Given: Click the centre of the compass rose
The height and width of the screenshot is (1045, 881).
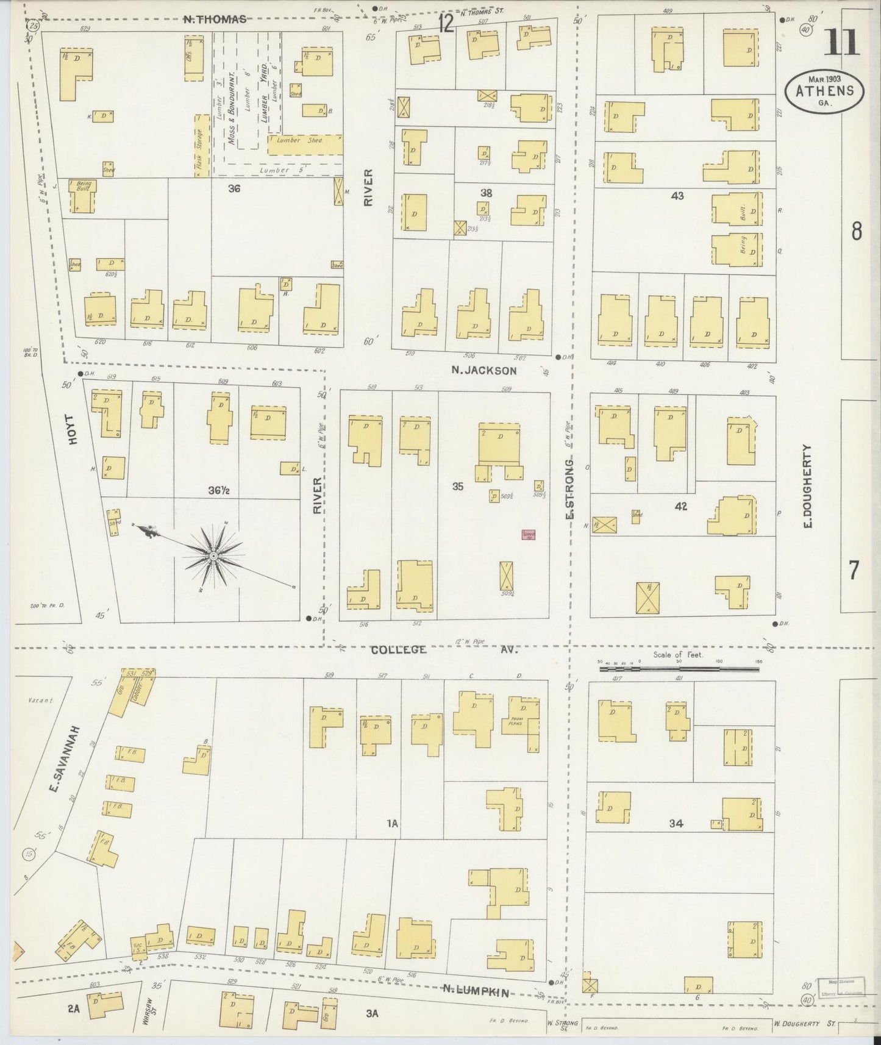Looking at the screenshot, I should [x=213, y=557].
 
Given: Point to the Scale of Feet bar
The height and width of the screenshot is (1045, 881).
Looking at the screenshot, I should [x=679, y=669].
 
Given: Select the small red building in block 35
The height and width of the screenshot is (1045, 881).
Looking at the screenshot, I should [x=528, y=535].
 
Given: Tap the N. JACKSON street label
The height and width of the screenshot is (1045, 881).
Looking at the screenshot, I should [x=484, y=370].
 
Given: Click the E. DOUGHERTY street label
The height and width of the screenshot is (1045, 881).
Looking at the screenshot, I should [x=808, y=485].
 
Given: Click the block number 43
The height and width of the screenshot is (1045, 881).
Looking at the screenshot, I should [x=677, y=196].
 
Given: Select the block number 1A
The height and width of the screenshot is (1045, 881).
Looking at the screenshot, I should [x=391, y=823].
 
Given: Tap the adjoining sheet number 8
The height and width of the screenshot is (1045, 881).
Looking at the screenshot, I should [x=856, y=231].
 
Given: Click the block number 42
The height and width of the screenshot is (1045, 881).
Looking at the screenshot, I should [x=680, y=506].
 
